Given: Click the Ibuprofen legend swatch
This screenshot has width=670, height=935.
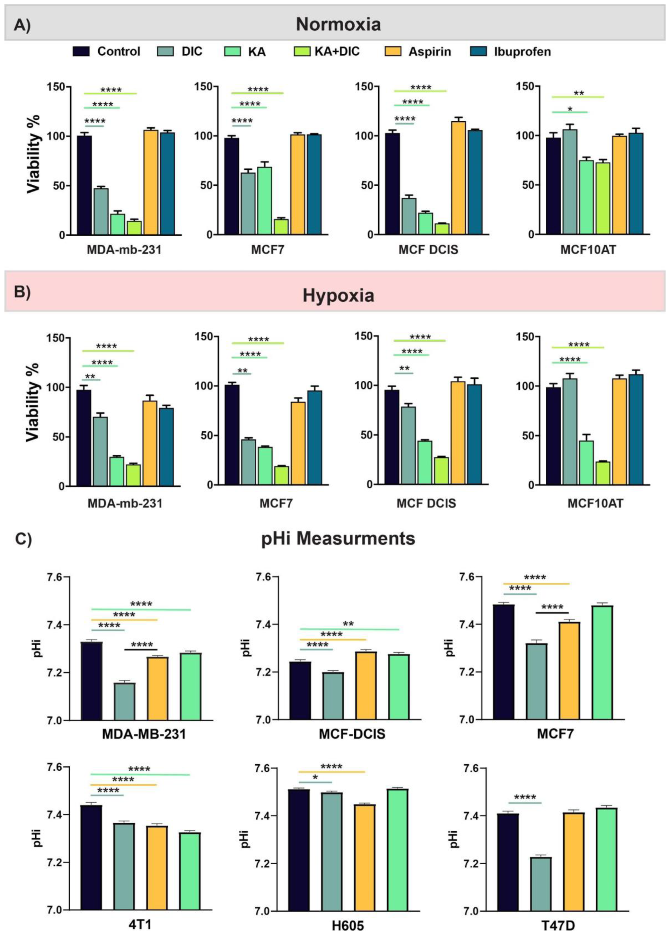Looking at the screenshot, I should [478, 51].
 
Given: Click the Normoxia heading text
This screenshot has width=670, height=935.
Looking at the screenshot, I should [338, 25].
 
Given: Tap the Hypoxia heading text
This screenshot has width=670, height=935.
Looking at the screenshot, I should [338, 295].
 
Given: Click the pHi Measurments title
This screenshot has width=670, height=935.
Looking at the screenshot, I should [338, 538].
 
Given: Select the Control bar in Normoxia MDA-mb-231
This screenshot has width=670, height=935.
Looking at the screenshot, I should [84, 185].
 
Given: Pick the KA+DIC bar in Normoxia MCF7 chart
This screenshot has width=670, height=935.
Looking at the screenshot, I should [281, 227].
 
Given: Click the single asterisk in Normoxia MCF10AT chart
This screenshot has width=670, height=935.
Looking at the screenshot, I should [570, 109].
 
